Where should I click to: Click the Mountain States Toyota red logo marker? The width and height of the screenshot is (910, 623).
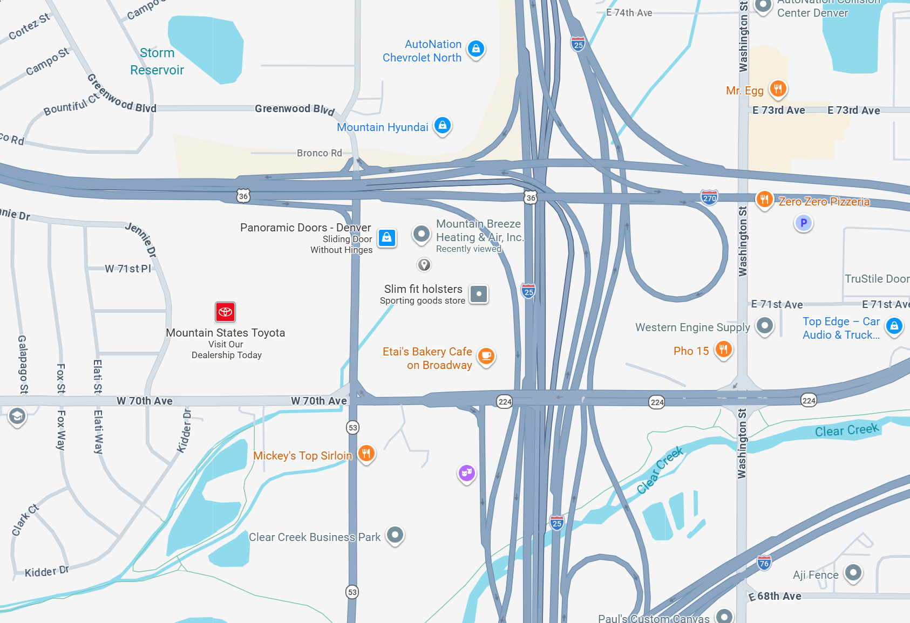(x=225, y=312)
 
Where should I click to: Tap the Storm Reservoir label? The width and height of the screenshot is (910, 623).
(x=157, y=61)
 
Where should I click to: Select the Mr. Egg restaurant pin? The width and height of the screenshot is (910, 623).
(x=778, y=88)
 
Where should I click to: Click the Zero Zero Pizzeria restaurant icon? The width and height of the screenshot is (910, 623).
(x=764, y=200)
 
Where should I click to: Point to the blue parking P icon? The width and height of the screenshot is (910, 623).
(x=804, y=222)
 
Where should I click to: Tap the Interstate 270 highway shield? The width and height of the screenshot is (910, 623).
(x=709, y=197)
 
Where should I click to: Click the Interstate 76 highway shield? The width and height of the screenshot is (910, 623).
(x=764, y=563)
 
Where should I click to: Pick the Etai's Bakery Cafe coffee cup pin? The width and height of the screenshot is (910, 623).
(x=486, y=355)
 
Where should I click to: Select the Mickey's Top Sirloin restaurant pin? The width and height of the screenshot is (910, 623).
(x=366, y=453)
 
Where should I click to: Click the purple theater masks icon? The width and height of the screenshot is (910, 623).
(x=467, y=473)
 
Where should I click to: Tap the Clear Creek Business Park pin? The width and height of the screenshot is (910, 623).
(x=395, y=535)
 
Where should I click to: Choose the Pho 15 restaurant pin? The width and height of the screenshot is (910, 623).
(x=724, y=349)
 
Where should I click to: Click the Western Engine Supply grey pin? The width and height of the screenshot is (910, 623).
(x=764, y=325)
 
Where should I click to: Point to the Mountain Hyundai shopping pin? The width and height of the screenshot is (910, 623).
(x=443, y=126)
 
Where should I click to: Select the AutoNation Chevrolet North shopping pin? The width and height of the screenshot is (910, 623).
(x=476, y=49)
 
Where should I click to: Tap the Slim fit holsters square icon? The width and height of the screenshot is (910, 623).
(x=479, y=294)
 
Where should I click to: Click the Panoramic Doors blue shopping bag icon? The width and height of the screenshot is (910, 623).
(x=387, y=237)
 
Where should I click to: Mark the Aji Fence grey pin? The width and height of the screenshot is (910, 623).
(x=853, y=572)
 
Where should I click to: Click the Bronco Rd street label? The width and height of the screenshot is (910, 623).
(x=319, y=153)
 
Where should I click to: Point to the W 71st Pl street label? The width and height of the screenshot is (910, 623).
(x=128, y=269)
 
